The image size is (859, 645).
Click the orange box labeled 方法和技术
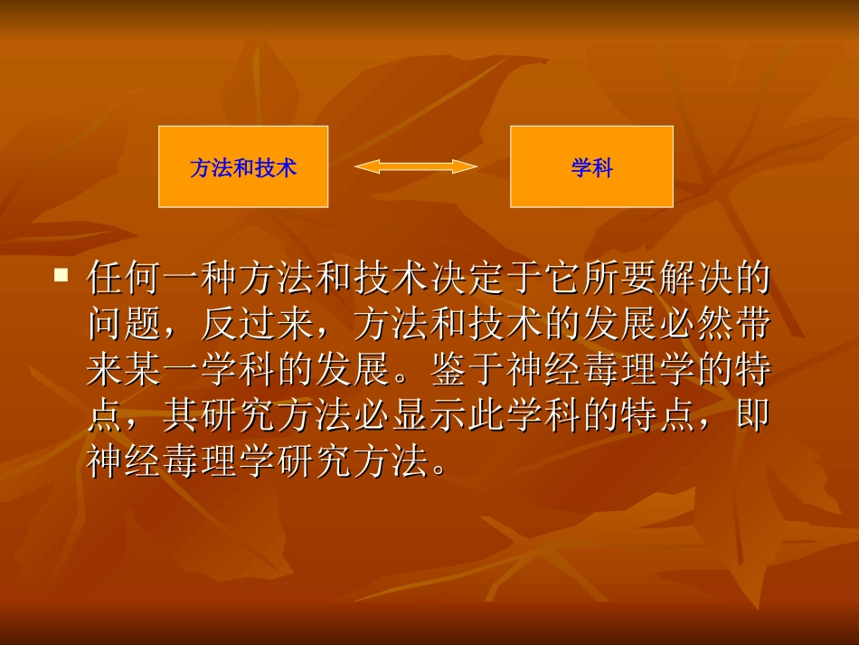tap(243, 166)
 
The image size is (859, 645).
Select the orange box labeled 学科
tap(591, 166)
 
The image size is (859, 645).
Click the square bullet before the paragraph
tap(61, 274)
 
